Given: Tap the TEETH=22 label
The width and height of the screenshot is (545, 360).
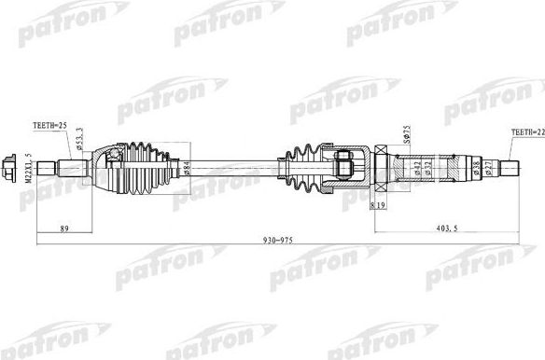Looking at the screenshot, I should (x=524, y=134).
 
